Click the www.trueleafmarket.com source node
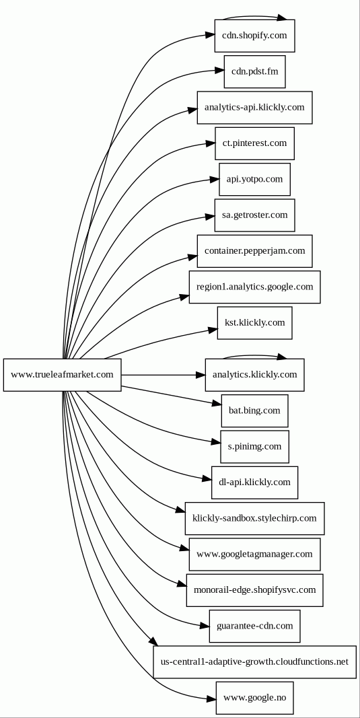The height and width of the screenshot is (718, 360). [x=63, y=375]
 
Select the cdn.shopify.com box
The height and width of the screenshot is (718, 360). [x=254, y=36]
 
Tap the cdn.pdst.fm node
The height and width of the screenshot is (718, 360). [x=254, y=71]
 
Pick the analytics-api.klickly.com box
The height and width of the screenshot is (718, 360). [x=254, y=108]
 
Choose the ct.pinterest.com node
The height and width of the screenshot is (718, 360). [x=254, y=143]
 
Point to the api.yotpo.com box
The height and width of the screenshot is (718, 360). [x=254, y=179]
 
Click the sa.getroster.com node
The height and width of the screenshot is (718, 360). [x=254, y=215]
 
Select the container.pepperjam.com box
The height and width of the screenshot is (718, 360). [x=254, y=251]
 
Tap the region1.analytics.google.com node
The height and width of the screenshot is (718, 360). [x=254, y=287]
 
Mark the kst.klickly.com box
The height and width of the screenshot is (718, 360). [x=254, y=323]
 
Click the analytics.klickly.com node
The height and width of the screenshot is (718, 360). [x=254, y=375]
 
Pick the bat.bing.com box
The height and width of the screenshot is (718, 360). [x=254, y=410]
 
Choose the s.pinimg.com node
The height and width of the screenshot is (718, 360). [x=254, y=446]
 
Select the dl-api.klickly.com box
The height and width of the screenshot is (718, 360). [x=254, y=482]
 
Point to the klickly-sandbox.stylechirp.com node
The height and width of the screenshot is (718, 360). [x=254, y=518]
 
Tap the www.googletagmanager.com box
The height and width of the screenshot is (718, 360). [x=254, y=554]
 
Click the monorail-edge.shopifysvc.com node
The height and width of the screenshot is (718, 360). [x=254, y=590]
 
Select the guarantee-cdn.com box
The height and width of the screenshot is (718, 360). [x=254, y=626]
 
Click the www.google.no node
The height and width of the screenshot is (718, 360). [x=254, y=698]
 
